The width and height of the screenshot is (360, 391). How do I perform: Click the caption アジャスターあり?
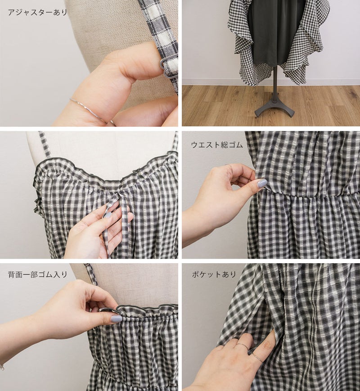38,12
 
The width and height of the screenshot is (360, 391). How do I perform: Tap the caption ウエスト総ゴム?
217,145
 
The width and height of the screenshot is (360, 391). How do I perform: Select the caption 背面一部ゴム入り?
38,274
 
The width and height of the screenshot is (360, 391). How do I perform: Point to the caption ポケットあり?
214,274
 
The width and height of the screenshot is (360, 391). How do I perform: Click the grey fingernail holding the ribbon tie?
108,215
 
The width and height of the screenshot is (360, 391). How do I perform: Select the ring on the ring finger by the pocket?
256,357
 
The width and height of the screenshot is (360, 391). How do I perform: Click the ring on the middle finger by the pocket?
242,346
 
